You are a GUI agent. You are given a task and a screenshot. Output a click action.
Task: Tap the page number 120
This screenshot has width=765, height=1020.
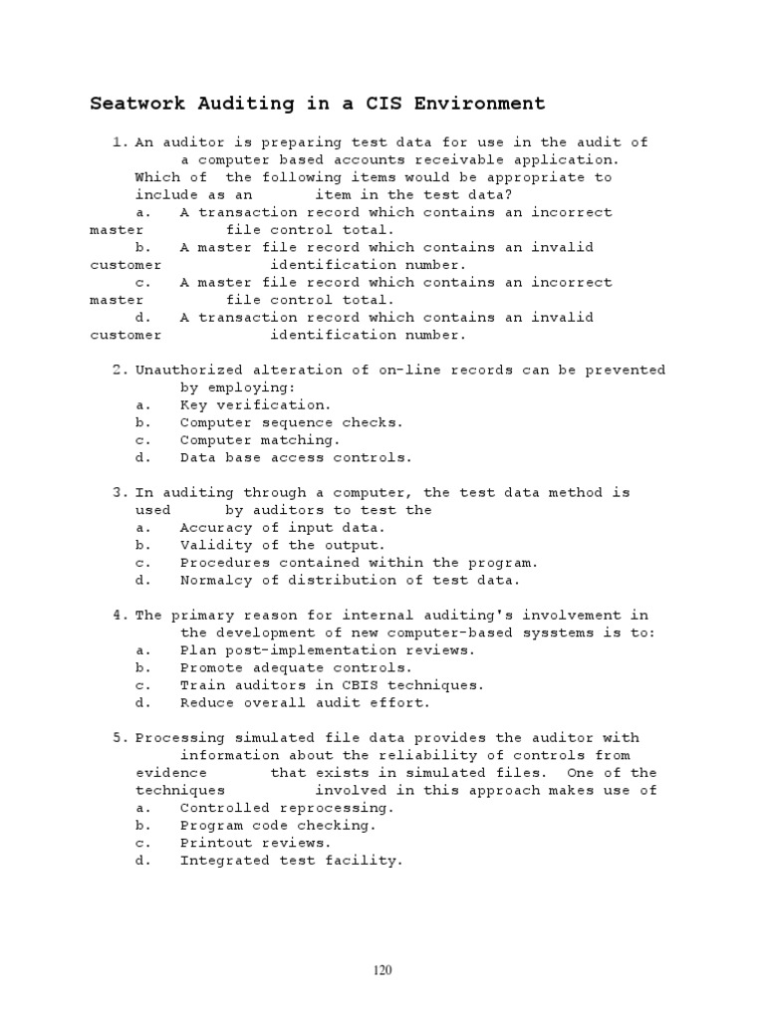[382, 970]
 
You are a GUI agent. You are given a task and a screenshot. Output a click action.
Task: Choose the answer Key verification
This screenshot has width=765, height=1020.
[254, 405]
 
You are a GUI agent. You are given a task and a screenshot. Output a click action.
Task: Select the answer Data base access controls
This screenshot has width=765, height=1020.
[295, 458]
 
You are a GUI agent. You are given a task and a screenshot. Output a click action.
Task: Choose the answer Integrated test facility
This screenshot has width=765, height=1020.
[291, 861]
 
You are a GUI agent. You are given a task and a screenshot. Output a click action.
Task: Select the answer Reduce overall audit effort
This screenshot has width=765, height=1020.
[304, 703]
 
